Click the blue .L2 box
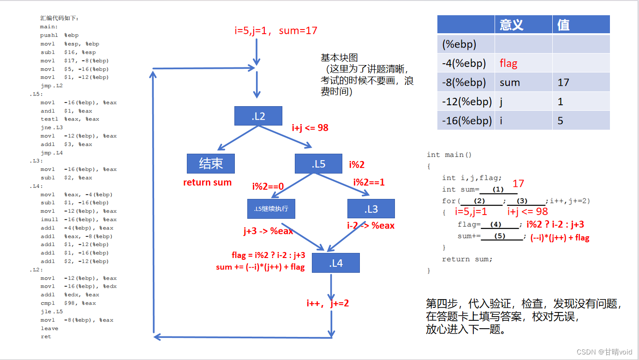(258, 116)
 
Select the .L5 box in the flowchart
(318, 164)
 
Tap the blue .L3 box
(371, 209)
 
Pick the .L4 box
(335, 263)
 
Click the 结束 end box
(211, 164)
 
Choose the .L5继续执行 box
(271, 209)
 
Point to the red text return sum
(207, 182)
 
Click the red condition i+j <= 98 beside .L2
(310, 128)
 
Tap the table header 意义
(511, 24)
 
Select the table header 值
(563, 24)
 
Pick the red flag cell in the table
(508, 63)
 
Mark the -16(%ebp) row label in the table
(466, 121)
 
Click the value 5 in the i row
(560, 121)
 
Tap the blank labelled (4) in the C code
(496, 225)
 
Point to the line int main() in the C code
(449, 155)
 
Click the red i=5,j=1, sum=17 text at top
(276, 31)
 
